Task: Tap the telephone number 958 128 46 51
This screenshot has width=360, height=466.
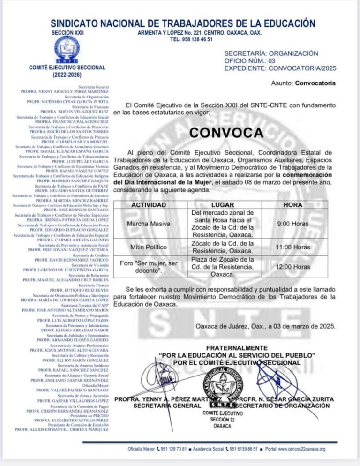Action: [x=192, y=40]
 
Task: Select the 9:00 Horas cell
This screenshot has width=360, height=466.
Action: [x=292, y=224]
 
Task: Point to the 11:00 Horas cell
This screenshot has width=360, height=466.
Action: [x=292, y=247]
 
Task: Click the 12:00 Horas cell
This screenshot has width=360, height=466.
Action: [x=292, y=267]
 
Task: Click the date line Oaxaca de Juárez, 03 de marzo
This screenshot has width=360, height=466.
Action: [x=265, y=327]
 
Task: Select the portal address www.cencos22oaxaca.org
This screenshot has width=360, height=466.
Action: [x=301, y=449]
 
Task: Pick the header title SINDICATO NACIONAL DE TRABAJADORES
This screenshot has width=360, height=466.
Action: [x=183, y=23]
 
